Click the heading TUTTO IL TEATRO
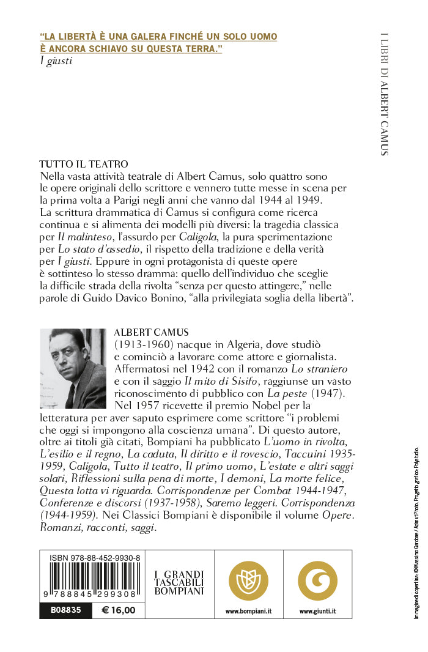pyautogui.click(x=84, y=164)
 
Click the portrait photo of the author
pyautogui.click(x=73, y=369)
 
